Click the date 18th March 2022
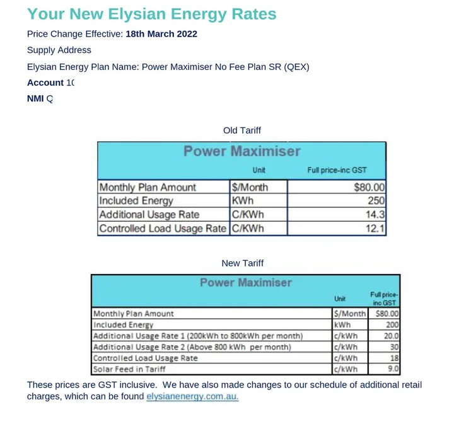click(161, 34)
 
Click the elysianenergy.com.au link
click(192, 396)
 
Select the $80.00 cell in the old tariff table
click(370, 187)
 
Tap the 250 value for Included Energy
click(376, 201)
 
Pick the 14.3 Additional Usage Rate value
click(376, 215)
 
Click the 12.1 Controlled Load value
click(376, 229)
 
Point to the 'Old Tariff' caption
click(242, 130)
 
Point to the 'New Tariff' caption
click(242, 263)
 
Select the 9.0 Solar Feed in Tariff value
click(393, 369)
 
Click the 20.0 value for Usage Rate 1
click(392, 336)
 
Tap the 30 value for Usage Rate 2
click(394, 347)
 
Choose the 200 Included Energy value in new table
click(392, 324)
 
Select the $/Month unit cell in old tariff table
click(250, 187)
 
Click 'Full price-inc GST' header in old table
click(337, 170)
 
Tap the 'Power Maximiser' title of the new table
click(246, 282)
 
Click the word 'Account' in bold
click(45, 83)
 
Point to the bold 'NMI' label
click(35, 99)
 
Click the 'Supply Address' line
click(59, 50)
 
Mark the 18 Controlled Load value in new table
click(394, 358)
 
